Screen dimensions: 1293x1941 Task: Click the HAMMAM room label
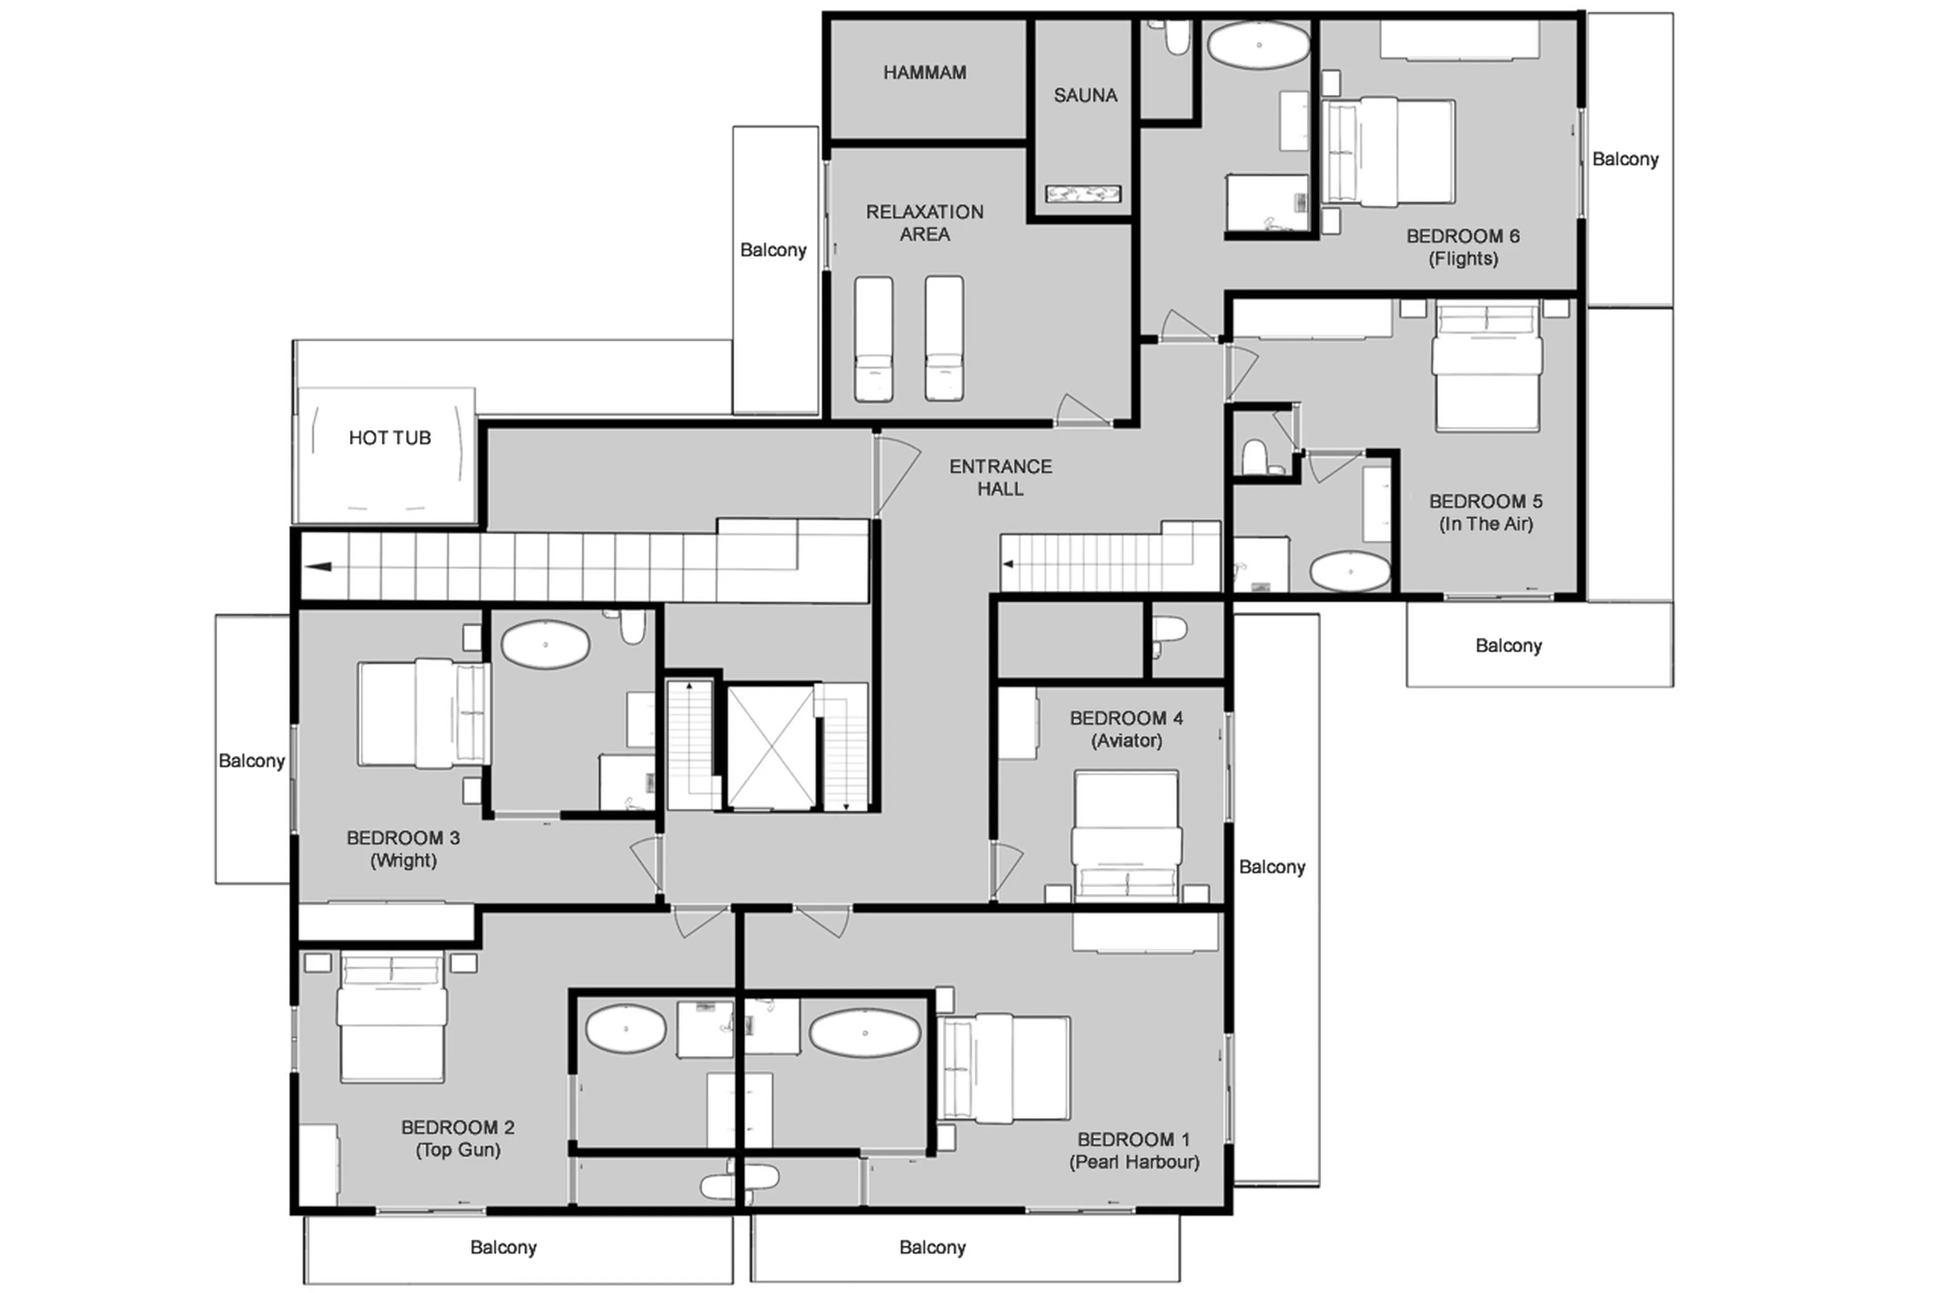point(924,73)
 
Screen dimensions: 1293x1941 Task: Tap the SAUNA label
point(1085,95)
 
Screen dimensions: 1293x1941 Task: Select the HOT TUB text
point(389,438)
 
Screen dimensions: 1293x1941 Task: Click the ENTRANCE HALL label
point(1000,477)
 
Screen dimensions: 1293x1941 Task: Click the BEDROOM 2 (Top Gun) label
point(458,1138)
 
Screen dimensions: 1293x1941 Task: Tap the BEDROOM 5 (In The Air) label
point(1485,512)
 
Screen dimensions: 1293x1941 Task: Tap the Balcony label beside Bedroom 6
point(1624,159)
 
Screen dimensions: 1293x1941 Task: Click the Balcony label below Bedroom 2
point(503,1247)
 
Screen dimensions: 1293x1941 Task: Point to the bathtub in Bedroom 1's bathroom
point(864,1032)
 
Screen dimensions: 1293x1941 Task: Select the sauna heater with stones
point(1082,194)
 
